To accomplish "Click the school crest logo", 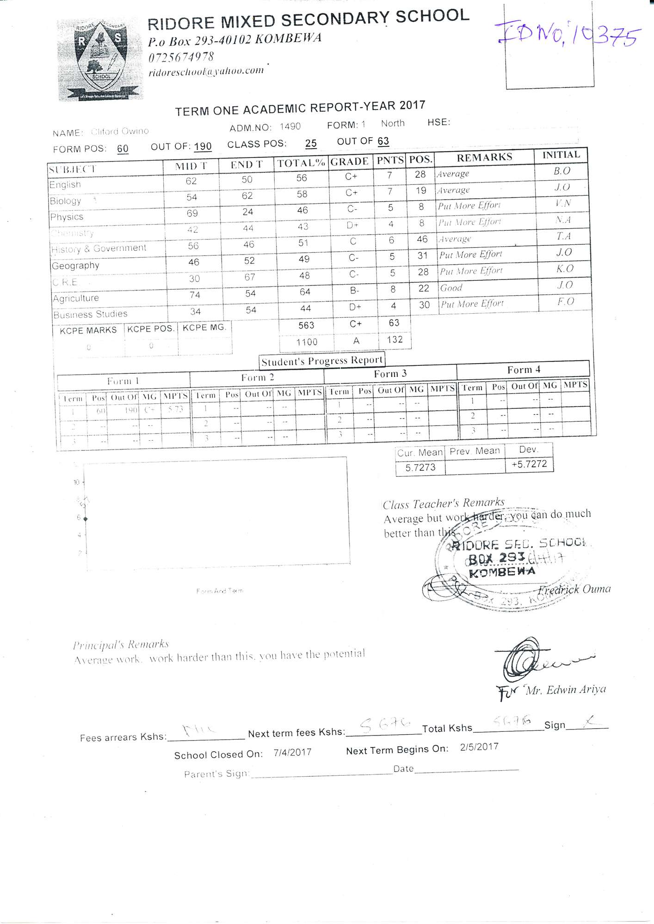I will (100, 60).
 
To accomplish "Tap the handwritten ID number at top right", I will (569, 35).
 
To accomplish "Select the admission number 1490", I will (290, 126).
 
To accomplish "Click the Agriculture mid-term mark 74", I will (195, 295).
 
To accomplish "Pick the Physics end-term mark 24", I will (248, 212).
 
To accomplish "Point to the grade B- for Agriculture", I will (354, 291).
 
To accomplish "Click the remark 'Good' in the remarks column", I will (451, 288).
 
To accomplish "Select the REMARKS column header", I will (484, 158).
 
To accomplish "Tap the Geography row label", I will (75, 266).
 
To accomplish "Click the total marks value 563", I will (306, 325).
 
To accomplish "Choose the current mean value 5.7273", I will (420, 468).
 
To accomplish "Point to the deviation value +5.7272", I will (529, 464).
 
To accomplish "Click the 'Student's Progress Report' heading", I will (322, 361).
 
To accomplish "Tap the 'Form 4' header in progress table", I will (523, 370).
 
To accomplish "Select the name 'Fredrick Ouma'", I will (574, 590).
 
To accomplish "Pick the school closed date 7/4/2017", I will (292, 752).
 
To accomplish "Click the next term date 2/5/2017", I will (479, 747).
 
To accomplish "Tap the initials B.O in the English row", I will (561, 170).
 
